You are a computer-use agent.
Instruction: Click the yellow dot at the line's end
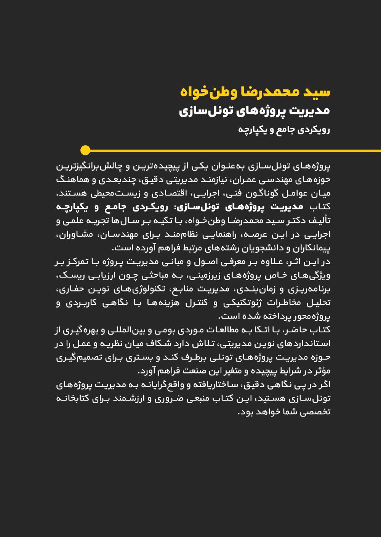click(x=85, y=150)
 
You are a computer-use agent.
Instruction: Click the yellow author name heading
click(x=255, y=92)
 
